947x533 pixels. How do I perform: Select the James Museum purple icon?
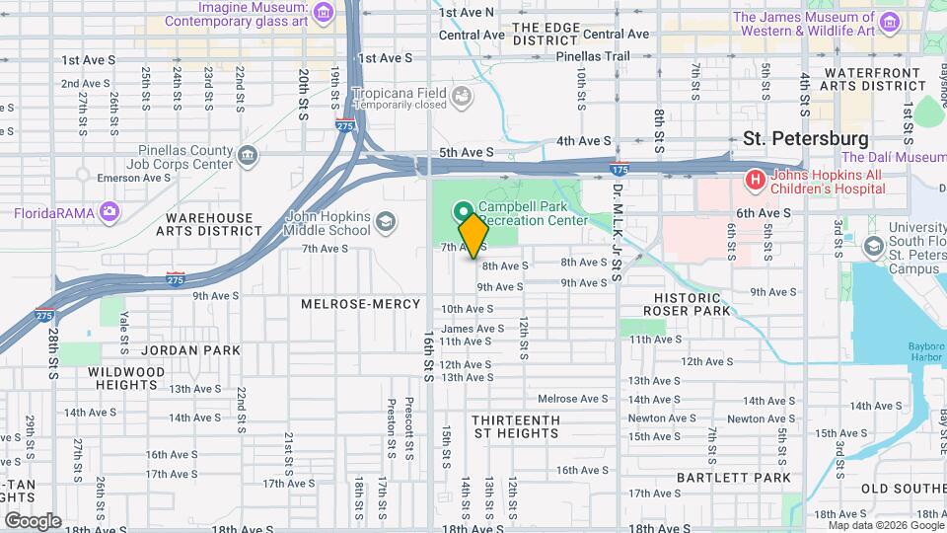click(x=889, y=21)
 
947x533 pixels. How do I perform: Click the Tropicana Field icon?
click(x=461, y=96)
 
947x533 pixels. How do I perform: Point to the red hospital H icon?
click(x=755, y=180)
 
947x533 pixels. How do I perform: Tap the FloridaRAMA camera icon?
click(x=109, y=212)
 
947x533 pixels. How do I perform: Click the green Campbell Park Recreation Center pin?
click(x=461, y=211)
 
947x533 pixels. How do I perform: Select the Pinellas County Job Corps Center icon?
click(x=247, y=155)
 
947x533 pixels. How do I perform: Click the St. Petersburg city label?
click(x=805, y=139)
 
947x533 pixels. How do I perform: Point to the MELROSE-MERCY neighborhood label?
click(x=360, y=304)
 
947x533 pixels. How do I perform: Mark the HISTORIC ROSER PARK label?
click(x=691, y=304)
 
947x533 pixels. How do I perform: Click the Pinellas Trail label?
click(x=592, y=56)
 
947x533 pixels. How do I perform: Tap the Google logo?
click(x=33, y=520)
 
